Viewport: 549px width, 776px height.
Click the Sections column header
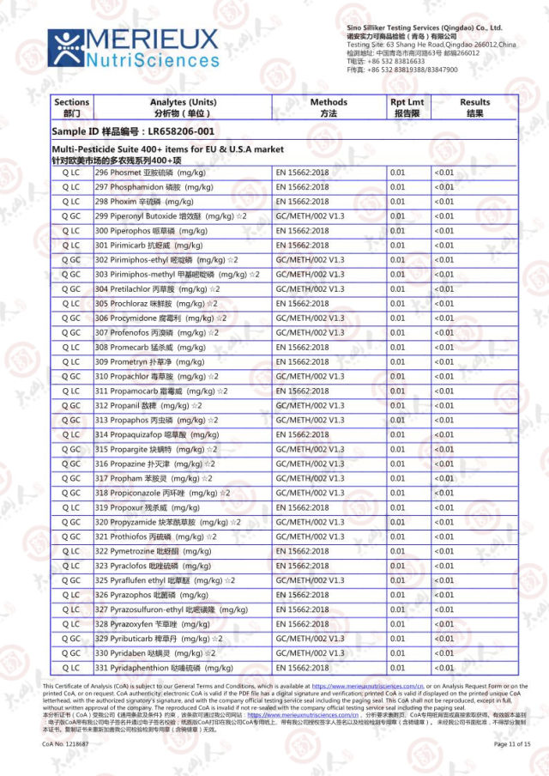(x=70, y=107)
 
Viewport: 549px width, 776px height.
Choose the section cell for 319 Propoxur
(x=70, y=508)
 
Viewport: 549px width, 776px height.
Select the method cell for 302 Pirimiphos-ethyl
(x=310, y=260)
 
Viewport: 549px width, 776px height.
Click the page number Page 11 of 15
(x=512, y=744)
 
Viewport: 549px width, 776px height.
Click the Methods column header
(x=328, y=107)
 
